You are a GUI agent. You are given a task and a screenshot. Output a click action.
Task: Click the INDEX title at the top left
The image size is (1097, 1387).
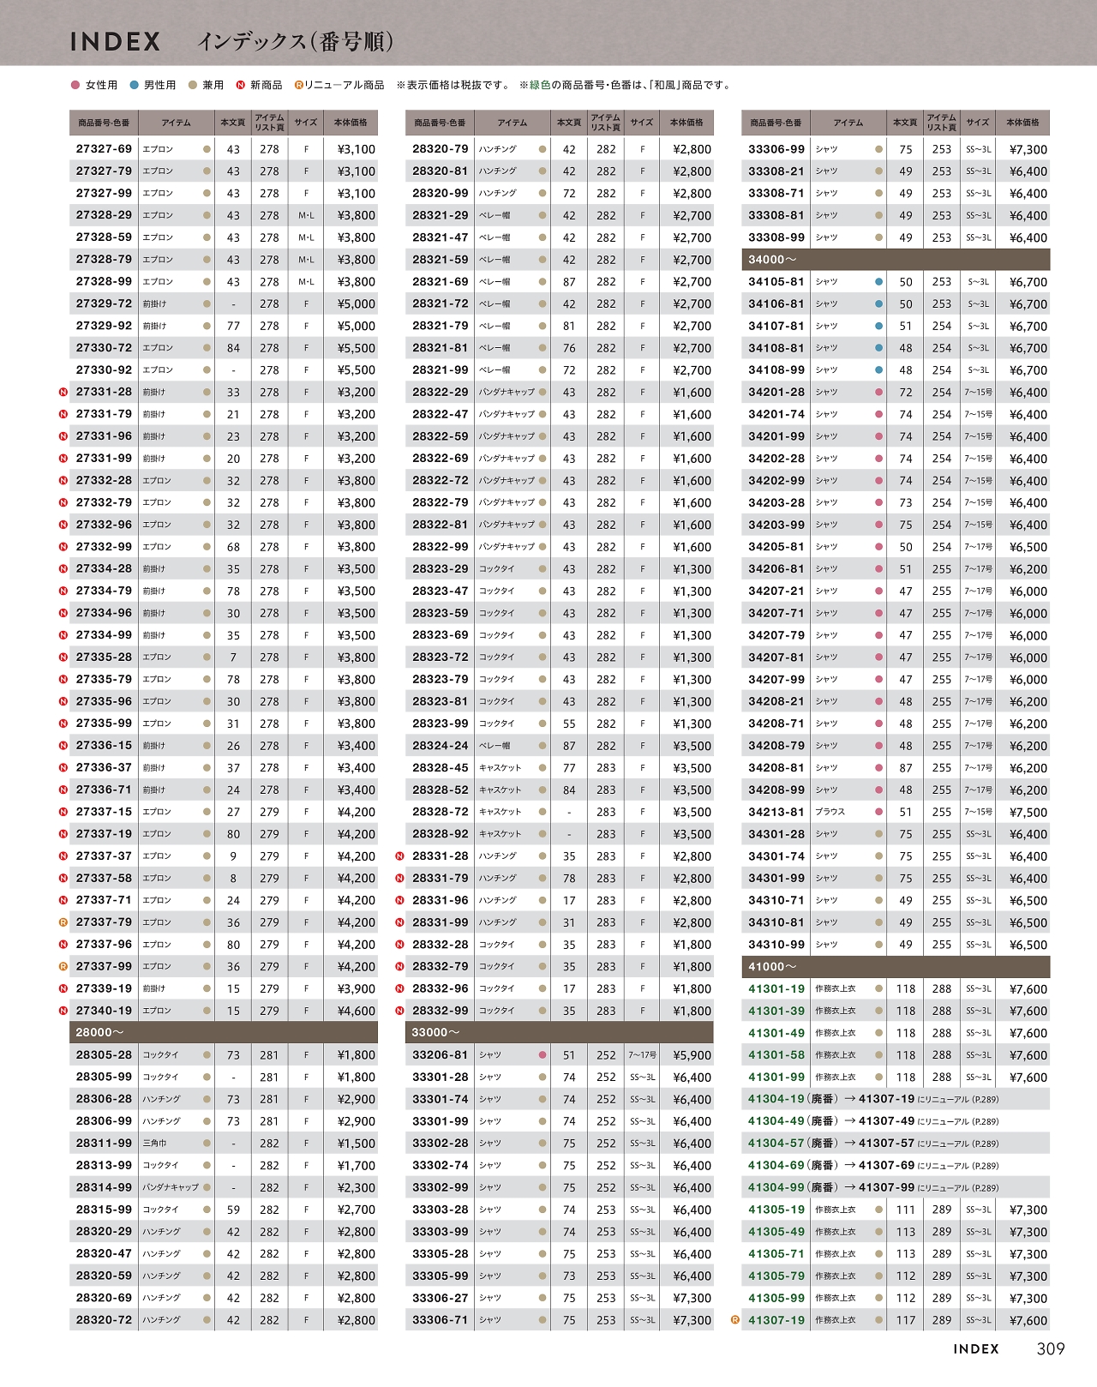tap(115, 41)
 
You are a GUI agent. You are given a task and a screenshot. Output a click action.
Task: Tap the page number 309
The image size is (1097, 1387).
tap(1050, 1348)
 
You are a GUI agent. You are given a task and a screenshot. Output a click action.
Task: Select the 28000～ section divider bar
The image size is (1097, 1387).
tap(223, 1032)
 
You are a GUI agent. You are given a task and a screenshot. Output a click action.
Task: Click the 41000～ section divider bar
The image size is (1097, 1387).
tap(896, 966)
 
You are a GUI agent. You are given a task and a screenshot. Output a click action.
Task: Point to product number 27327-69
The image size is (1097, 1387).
tap(104, 148)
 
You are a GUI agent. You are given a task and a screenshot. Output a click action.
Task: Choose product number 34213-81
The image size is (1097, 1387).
tap(776, 812)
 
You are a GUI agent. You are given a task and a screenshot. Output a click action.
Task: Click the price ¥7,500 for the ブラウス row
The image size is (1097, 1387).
tap(1028, 812)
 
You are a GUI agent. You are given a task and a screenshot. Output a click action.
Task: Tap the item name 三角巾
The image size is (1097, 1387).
tap(154, 1144)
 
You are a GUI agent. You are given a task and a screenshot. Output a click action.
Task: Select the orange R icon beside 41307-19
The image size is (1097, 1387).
tap(734, 1320)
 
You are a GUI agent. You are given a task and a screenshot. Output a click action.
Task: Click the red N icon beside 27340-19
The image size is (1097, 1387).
tap(63, 1011)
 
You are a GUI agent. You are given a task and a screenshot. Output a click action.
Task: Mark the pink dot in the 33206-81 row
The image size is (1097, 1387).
tap(543, 1055)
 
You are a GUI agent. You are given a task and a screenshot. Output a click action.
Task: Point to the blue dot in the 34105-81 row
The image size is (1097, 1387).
tap(878, 281)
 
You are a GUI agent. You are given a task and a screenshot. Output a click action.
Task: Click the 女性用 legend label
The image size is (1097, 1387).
tap(101, 85)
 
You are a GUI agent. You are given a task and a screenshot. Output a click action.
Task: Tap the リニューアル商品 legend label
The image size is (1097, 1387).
tap(344, 85)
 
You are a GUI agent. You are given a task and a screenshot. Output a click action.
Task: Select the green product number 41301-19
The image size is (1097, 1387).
tap(776, 988)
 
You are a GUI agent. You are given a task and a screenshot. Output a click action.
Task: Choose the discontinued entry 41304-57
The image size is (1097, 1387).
tap(776, 1144)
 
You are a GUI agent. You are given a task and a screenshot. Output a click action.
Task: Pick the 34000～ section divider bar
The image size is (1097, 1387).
tap(896, 259)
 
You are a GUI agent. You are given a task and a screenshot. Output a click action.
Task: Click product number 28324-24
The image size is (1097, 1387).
tap(440, 746)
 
